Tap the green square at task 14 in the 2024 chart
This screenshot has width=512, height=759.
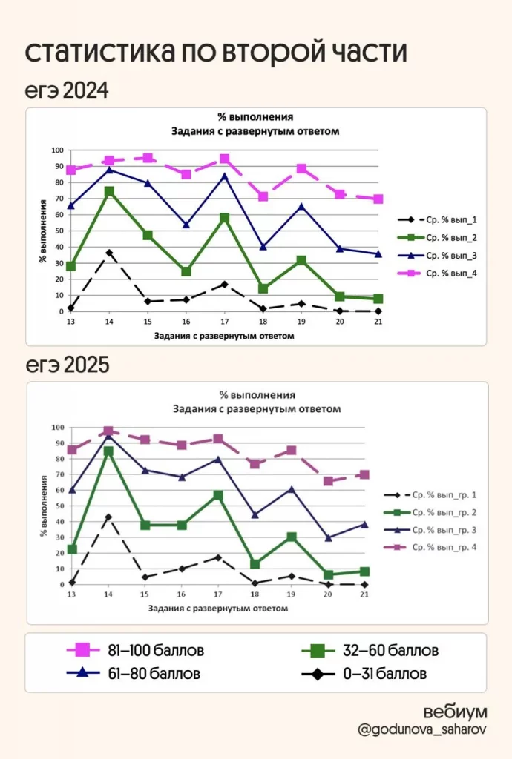coord(110,191)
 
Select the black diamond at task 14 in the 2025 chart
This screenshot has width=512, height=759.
coord(108,517)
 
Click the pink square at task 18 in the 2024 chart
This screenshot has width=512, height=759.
coord(263,196)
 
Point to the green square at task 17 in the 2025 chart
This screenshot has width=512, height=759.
coord(217,495)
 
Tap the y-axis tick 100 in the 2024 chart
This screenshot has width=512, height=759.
coord(56,150)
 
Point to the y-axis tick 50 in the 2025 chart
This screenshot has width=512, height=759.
coord(58,506)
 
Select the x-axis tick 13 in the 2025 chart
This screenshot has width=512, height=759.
coord(71,595)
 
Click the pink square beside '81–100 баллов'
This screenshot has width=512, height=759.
coord(82,651)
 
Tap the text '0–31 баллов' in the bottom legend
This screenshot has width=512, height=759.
coord(385,675)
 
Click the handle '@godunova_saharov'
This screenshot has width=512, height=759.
coord(423,730)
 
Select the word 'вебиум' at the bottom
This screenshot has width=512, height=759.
coord(456,712)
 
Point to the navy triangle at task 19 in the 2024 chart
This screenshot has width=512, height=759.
coord(301,206)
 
